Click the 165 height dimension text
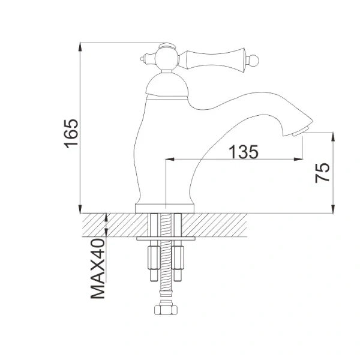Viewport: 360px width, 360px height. coord(71,133)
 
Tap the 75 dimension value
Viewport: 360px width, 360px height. coord(322,173)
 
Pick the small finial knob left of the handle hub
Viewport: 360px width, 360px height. coord(143,59)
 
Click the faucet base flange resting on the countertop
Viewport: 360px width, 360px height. coord(166,208)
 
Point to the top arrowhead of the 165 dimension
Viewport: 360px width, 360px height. coord(80,46)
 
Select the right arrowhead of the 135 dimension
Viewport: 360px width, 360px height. coord(298,160)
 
